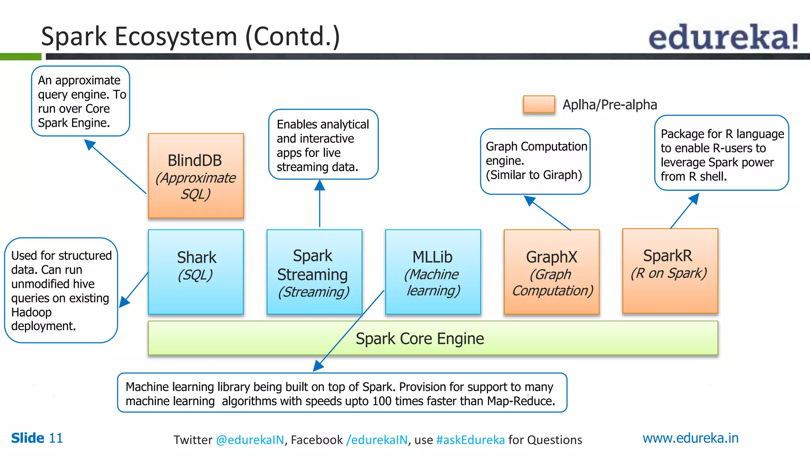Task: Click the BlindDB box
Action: coord(196,176)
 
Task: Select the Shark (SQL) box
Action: coord(196,272)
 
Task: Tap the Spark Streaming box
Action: coord(314,272)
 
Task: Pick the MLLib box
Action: coord(433,272)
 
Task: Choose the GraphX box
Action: coord(551,272)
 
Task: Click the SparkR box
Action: coord(670,271)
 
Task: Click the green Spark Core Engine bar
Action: coord(433,338)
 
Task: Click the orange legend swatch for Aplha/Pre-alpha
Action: coord(539,104)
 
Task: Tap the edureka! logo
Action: coord(723,37)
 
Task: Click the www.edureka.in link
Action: coord(690,438)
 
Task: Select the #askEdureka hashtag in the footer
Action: coord(470,440)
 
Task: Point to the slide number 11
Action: coord(56,438)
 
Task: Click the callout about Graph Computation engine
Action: coord(535,161)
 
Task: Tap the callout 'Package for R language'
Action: coord(721,153)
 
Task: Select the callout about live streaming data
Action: coord(323,144)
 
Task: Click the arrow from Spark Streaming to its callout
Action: coord(320,204)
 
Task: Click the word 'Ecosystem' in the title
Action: coord(176,36)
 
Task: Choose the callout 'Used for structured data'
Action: coord(61,290)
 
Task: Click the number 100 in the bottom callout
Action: coord(382,401)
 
